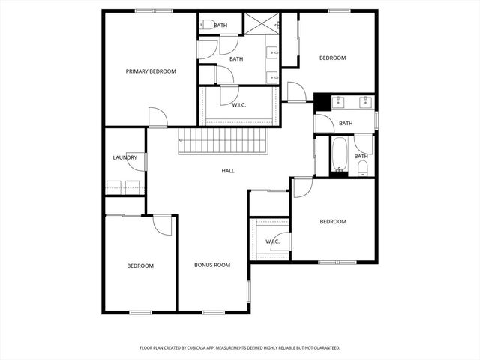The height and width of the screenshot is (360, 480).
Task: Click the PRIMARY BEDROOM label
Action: [151, 71]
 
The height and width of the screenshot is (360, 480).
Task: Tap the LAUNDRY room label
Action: [124, 157]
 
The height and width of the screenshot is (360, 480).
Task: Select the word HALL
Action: [228, 171]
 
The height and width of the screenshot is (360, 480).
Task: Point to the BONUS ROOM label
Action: [212, 265]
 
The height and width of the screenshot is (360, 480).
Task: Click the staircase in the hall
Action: [223, 140]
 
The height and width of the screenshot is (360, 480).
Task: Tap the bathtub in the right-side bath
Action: [340, 155]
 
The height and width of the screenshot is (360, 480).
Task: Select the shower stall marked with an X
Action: [260, 23]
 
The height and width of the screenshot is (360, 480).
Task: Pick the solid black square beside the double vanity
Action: [322, 102]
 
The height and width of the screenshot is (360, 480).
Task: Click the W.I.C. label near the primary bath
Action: [238, 104]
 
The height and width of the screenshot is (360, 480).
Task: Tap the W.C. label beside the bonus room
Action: [272, 241]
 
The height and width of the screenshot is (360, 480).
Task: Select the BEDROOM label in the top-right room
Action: [332, 58]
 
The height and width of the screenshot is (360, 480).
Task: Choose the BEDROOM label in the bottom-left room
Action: [139, 265]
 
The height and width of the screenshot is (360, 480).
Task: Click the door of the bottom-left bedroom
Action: [163, 225]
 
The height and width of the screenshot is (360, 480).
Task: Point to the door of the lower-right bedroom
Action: [302, 187]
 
